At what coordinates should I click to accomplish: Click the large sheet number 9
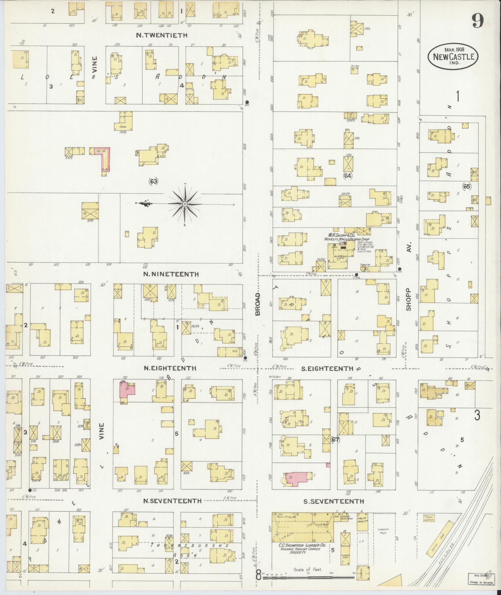[477, 22]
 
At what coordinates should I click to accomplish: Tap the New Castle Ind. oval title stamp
[453, 57]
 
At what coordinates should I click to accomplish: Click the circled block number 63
[153, 181]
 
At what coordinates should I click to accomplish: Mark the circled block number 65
[467, 187]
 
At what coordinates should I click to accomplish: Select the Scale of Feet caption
[308, 570]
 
